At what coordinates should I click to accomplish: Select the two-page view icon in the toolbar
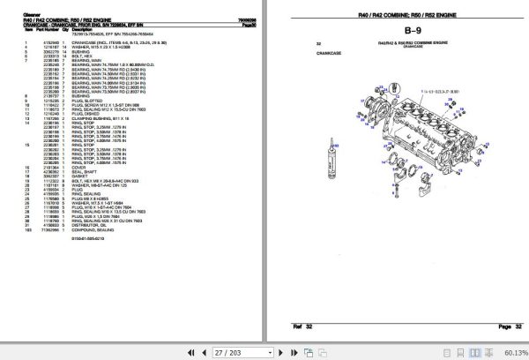click(333, 352)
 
